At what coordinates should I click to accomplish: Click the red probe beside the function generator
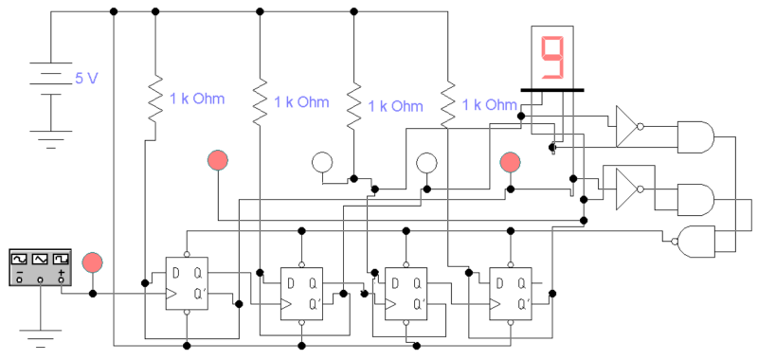click(x=92, y=261)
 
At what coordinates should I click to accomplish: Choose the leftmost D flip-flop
click(x=188, y=281)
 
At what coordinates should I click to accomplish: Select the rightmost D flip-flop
click(x=512, y=292)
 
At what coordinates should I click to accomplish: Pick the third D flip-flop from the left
click(x=406, y=292)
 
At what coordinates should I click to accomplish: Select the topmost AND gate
click(x=697, y=136)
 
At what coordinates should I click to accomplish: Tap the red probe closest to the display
click(x=512, y=162)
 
